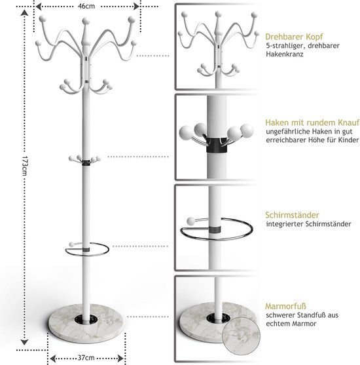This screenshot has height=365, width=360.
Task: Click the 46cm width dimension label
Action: pyautogui.click(x=86, y=6)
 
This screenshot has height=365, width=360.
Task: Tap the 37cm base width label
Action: pyautogui.click(x=86, y=357)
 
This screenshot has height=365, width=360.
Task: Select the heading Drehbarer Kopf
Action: pyautogui.click(x=294, y=37)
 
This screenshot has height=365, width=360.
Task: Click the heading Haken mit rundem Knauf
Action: pyautogui.click(x=312, y=123)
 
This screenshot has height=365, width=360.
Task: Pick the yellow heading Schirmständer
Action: pyautogui.click(x=292, y=215)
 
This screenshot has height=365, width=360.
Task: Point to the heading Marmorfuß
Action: pyautogui.click(x=285, y=306)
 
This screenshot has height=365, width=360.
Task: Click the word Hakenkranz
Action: pyautogui.click(x=285, y=54)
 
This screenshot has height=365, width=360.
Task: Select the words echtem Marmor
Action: pyautogui.click(x=291, y=324)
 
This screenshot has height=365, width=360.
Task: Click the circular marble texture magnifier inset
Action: pyautogui.click(x=241, y=336)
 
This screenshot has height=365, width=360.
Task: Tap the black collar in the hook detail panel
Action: pyautogui.click(x=217, y=145)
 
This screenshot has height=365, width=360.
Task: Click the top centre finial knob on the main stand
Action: pyautogui.click(x=86, y=22)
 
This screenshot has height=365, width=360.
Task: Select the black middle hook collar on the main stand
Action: pyautogui.click(x=86, y=163)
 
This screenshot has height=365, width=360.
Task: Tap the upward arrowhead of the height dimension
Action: pyautogui.click(x=24, y=12)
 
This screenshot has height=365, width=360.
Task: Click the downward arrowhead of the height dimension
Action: pyautogui.click(x=24, y=342)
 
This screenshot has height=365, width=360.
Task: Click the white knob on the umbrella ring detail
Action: pyautogui.click(x=191, y=221)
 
